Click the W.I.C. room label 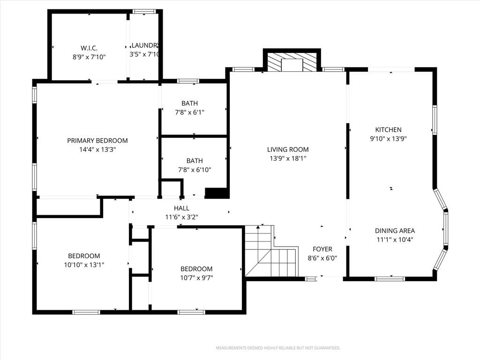[89, 48]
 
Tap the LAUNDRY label [145, 45]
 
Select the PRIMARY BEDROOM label [97, 141]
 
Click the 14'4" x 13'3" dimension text [97, 150]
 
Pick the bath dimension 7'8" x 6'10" [195, 170]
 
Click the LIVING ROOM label [288, 150]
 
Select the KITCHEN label [388, 129]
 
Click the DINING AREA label [395, 231]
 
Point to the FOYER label [322, 249]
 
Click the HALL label [181, 208]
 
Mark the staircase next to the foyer [271, 251]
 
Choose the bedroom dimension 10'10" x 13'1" [84, 265]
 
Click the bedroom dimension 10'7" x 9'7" [196, 278]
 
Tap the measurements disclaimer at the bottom [278, 348]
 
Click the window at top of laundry [144, 12]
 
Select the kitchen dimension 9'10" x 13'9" [388, 139]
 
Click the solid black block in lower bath [217, 193]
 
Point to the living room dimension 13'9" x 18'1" [288, 158]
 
